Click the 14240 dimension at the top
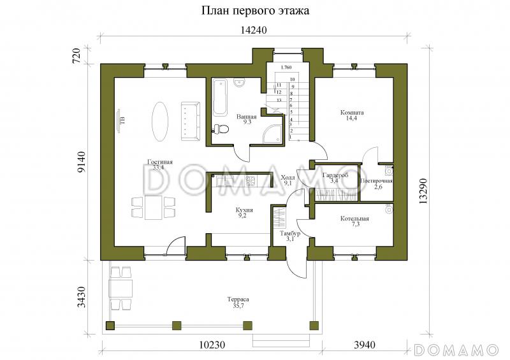(x=252, y=30)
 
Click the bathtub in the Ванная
(x=219, y=97)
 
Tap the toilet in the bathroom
(x=221, y=129)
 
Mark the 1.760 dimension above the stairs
(x=286, y=68)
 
